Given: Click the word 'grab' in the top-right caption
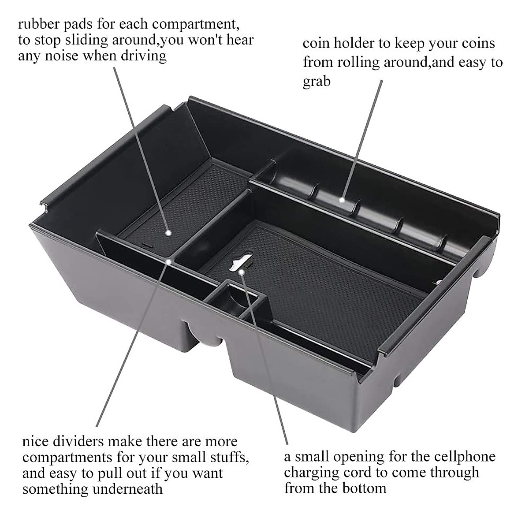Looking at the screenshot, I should (x=317, y=81).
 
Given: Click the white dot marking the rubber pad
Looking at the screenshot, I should (x=168, y=231).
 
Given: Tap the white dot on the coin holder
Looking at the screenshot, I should (x=342, y=200).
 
